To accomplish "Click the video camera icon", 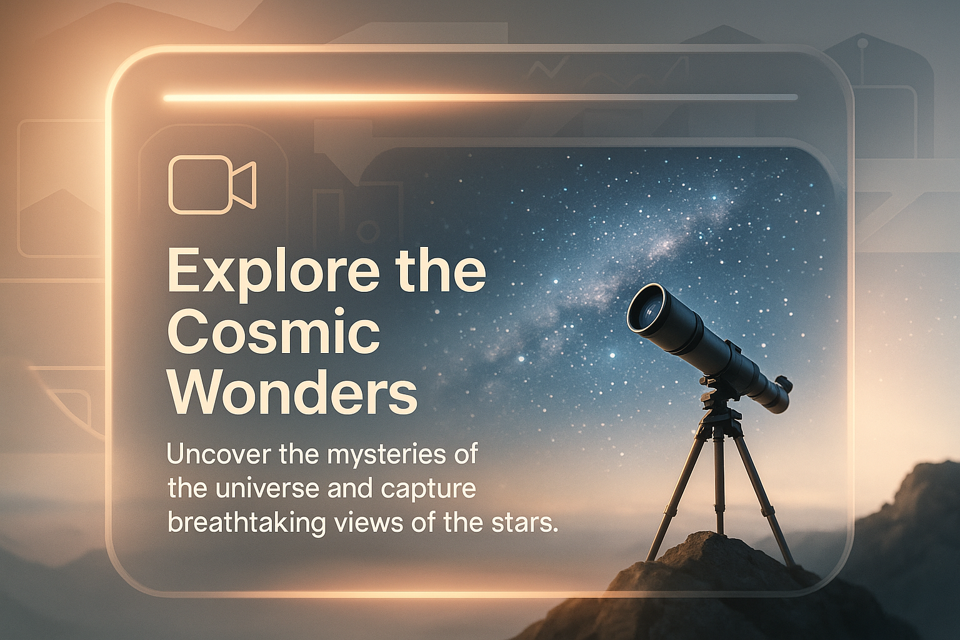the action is [x=212, y=185].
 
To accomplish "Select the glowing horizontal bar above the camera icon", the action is [x=481, y=98].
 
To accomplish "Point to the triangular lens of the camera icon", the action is [x=243, y=185].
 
